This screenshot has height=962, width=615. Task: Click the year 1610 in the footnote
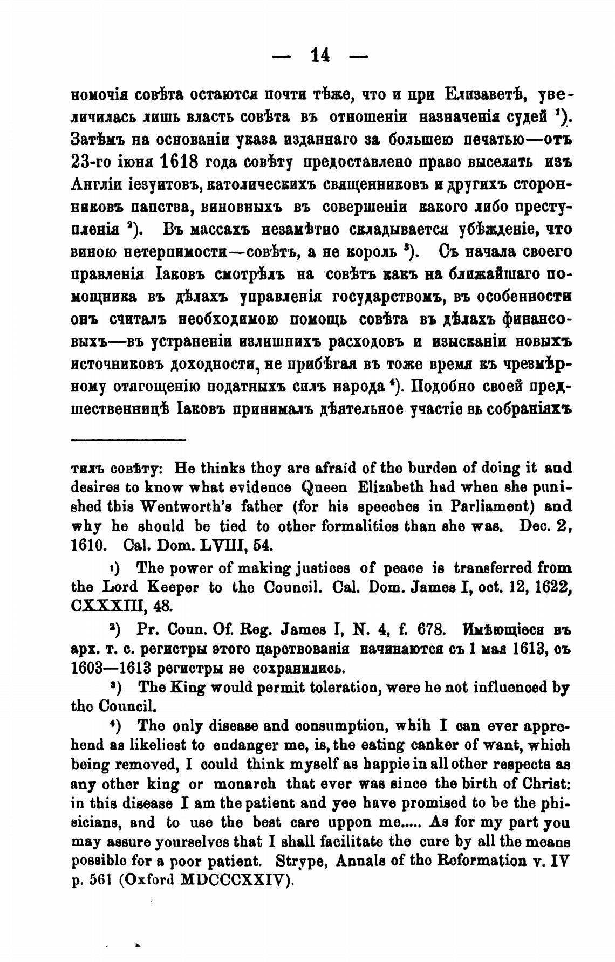click(x=88, y=545)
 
